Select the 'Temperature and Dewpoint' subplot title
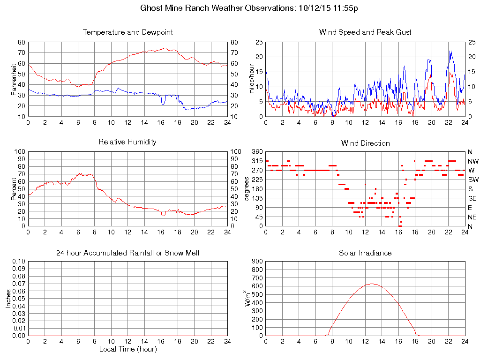(127, 32)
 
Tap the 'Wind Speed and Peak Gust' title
(365, 32)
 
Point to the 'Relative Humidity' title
(127, 142)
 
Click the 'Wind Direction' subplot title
(365, 143)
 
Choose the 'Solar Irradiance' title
(365, 253)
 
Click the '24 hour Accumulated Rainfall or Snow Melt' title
(127, 253)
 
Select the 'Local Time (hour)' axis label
(127, 349)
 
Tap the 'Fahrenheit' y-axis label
(14, 78)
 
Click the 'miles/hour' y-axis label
(252, 78)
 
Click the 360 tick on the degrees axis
(256, 152)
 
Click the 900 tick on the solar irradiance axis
(256, 262)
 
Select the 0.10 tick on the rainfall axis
(19, 262)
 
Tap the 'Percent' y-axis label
(14, 188)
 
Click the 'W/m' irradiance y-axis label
(249, 299)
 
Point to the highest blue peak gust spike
(450, 51)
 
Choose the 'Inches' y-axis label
(8, 299)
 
